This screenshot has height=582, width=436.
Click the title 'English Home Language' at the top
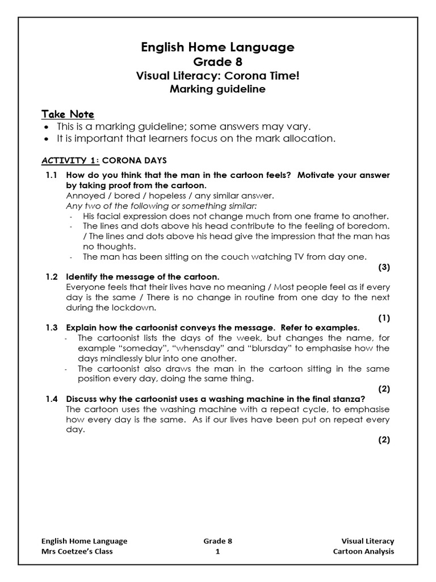point(218,47)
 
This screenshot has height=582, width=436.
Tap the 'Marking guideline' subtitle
point(218,89)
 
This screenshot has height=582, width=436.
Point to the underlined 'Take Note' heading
point(68,114)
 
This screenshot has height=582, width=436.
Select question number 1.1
point(52,175)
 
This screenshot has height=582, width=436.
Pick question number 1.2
point(52,277)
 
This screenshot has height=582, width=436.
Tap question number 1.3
point(52,328)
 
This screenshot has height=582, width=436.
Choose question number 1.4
point(52,399)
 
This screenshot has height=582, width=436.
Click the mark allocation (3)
point(384,267)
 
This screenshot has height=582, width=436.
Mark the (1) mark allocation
point(384,318)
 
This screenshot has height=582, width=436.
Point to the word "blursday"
point(269,348)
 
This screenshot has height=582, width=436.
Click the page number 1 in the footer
point(218,551)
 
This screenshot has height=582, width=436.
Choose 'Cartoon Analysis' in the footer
point(363,551)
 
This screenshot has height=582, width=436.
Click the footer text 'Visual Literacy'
point(367,541)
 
